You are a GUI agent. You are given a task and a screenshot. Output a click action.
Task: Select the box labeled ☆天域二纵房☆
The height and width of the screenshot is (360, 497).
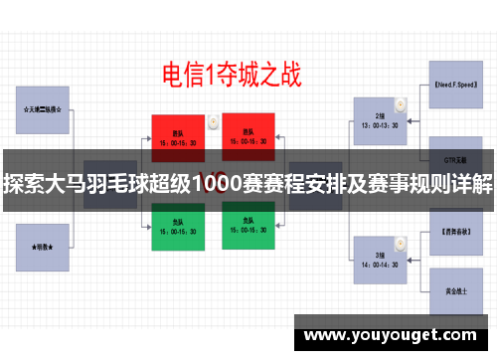[43, 109]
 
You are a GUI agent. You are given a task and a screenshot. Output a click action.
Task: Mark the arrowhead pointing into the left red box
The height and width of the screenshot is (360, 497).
[149, 137]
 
